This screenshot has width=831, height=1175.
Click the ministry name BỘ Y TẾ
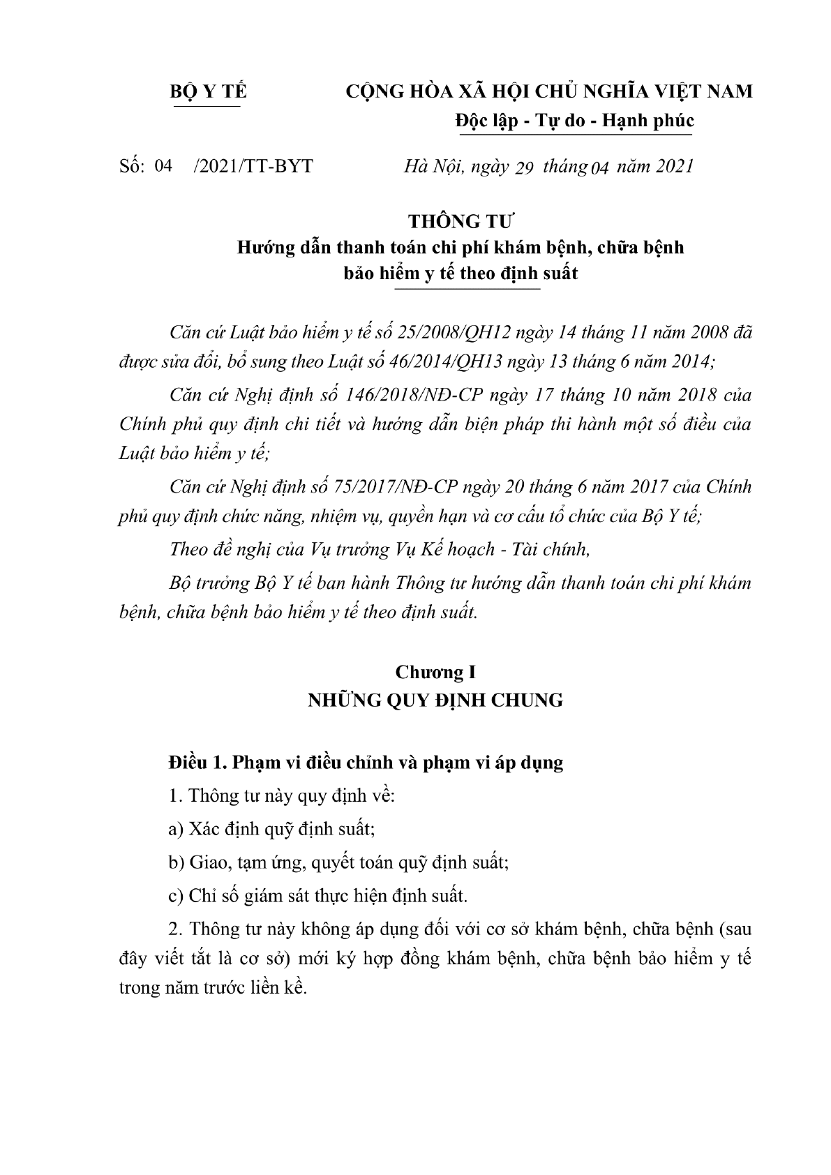pyautogui.click(x=209, y=91)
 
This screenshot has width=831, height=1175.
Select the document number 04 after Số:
pyautogui.click(x=163, y=165)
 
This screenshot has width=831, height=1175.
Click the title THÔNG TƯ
pyautogui.click(x=461, y=222)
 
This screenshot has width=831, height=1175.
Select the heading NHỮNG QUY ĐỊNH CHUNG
pyautogui.click(x=435, y=700)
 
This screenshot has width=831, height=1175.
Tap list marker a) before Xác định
pyautogui.click(x=176, y=829)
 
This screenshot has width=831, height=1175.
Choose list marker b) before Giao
pyautogui.click(x=176, y=862)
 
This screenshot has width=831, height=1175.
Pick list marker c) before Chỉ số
pyautogui.click(x=176, y=895)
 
